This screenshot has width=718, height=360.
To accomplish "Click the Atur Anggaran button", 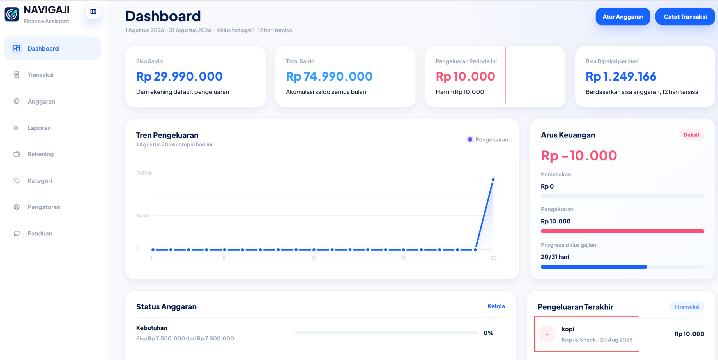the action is [x=623, y=17].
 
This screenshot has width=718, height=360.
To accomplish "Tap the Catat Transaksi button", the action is [x=685, y=17].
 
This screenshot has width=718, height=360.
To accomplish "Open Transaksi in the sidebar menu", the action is [x=40, y=75].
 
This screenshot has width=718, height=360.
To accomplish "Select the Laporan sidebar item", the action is [x=39, y=128].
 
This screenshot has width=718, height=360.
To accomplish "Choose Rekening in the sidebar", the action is [x=40, y=154].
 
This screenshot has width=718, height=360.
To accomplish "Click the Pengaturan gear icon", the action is [x=17, y=207].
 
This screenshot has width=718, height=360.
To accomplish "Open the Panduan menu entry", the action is [x=40, y=233].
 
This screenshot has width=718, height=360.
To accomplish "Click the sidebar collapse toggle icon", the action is [x=93, y=12].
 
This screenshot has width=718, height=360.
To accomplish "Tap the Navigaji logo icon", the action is [x=12, y=14].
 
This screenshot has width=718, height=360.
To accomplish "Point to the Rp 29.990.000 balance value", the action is [x=179, y=76].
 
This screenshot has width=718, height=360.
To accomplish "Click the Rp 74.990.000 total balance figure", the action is [x=329, y=76].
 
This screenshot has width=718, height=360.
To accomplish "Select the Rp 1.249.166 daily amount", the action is [x=621, y=76].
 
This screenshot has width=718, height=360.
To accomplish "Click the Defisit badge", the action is [x=691, y=135].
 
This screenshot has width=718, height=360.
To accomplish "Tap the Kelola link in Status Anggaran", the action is [x=496, y=306].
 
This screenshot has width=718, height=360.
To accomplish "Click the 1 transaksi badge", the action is [x=687, y=307].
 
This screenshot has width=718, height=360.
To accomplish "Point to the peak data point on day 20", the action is [x=493, y=180].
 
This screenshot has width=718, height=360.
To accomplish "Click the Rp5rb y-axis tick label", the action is [x=143, y=215].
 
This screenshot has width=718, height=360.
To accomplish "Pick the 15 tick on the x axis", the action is [x=403, y=258].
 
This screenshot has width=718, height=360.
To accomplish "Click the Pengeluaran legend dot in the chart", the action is [x=470, y=139].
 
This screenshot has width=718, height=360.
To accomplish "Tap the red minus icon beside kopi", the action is [x=547, y=334].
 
